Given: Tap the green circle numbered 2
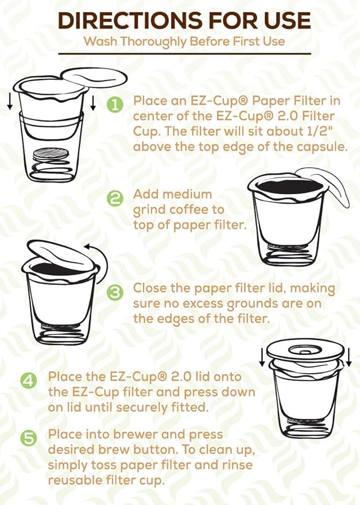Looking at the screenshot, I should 115,199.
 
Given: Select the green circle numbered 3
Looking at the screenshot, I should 115,292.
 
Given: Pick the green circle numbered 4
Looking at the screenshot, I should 30,381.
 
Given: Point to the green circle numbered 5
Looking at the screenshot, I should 30,439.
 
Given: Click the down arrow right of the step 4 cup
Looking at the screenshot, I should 348,358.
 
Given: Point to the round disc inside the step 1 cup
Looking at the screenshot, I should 49,154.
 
